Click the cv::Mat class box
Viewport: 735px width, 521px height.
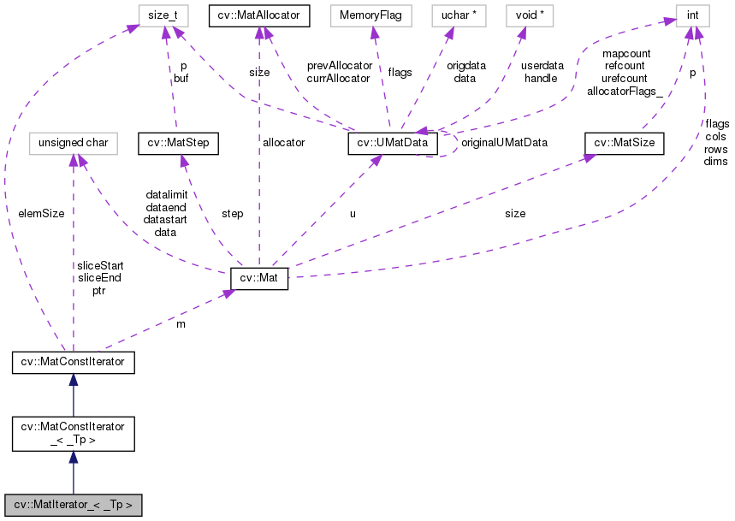coord(259,278)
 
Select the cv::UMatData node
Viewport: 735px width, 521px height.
coord(394,143)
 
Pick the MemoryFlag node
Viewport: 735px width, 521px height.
coord(371,15)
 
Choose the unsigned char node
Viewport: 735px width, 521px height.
coord(73,143)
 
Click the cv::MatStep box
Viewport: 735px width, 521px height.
coord(175,143)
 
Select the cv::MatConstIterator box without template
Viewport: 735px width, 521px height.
coord(73,362)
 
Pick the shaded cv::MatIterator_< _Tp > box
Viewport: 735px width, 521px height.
coord(73,504)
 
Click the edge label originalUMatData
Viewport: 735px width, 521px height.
coord(504,142)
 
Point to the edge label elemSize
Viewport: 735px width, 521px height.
coord(40,213)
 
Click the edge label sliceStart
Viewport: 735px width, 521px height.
coord(100,266)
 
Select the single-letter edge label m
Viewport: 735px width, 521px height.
coord(180,326)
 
